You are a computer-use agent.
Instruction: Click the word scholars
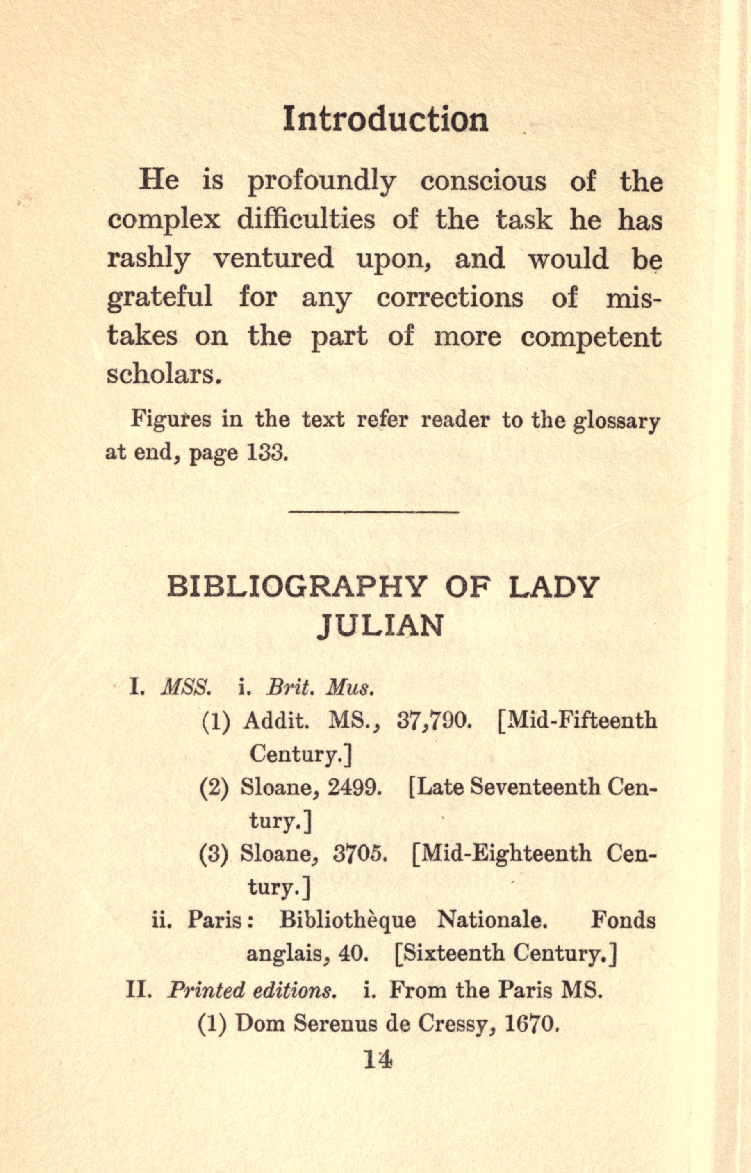coord(161,375)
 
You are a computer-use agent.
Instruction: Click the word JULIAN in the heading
coord(380,625)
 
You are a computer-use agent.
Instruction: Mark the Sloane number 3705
coord(360,854)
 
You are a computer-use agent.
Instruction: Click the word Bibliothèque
coord(348,921)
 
